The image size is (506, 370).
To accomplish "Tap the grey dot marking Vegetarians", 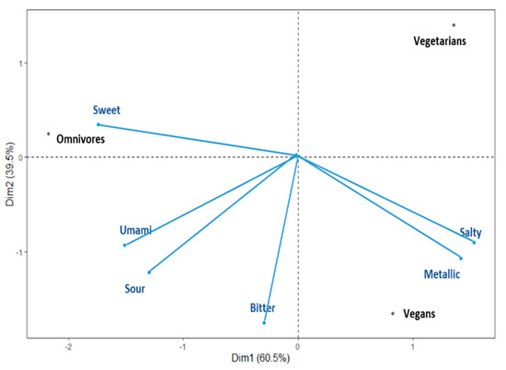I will tap(454, 25).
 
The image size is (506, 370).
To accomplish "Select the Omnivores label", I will tap(80, 140).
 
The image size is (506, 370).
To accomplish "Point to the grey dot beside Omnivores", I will tap(49, 133).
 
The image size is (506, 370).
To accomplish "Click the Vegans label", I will tap(419, 314).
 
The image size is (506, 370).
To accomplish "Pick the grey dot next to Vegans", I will tap(393, 313).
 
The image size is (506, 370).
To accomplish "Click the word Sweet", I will tap(106, 110).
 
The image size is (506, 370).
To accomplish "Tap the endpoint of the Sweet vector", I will tap(98, 124).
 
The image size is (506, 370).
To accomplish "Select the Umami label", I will tap(134, 230).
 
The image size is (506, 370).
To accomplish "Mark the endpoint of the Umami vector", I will tap(124, 245).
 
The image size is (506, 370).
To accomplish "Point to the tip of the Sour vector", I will tap(148, 272).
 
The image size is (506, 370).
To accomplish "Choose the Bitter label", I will tap(262, 308).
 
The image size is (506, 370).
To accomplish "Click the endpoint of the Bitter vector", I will tap(264, 323).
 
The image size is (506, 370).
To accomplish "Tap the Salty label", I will tap(470, 234).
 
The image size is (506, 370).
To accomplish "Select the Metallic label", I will tap(443, 274).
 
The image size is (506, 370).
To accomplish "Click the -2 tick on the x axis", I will tap(69, 349).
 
